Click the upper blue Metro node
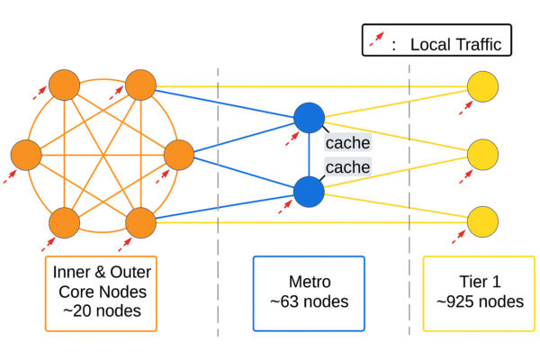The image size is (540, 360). pos(309,117)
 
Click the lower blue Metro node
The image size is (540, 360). pos(309,191)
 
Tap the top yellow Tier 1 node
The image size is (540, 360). pos(483,87)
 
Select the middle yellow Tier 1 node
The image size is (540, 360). pos(483,154)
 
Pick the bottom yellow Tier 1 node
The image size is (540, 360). pos(483,220)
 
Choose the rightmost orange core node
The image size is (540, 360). pos(178,154)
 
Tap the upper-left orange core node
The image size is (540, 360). pos(64,86)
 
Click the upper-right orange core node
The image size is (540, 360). pos(141,86)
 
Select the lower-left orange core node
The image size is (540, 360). pos(64,221)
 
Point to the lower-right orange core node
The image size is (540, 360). pos(141,221)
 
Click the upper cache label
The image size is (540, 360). pos(347,143)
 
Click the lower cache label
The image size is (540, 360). pos(347,168)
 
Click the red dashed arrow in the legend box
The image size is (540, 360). pos(375,40)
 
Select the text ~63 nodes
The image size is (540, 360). pos(309,301)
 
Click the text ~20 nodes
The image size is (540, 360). pos(103,312)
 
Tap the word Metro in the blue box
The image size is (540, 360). pos(309,281)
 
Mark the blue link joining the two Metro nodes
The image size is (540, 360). pos(309,154)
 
